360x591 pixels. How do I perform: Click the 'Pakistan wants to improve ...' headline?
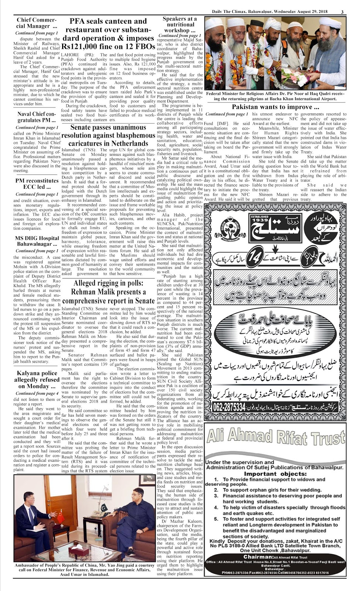pyautogui.click(x=275, y=107)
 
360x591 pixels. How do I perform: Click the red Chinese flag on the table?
pyautogui.click(x=60, y=517)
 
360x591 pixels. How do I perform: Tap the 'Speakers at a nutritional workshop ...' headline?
pyautogui.click(x=180, y=24)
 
